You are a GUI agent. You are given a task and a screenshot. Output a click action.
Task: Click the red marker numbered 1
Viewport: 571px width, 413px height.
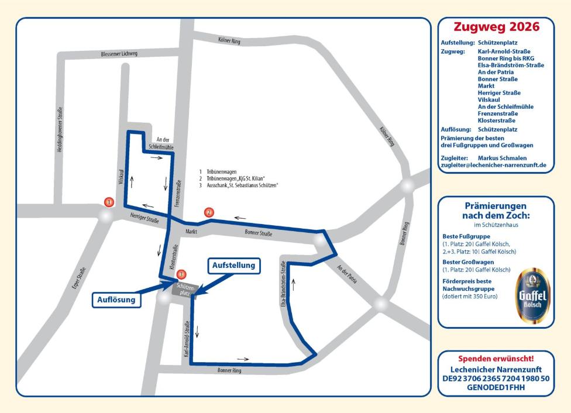(108, 202)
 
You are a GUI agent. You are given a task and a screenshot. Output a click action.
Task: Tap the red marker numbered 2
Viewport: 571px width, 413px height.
(209, 213)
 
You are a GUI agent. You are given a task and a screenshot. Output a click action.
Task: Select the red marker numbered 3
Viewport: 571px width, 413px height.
(181, 274)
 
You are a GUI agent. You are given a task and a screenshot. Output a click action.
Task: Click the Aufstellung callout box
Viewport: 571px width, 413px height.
(233, 266)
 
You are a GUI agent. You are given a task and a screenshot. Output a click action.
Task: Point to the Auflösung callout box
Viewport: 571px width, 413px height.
(116, 300)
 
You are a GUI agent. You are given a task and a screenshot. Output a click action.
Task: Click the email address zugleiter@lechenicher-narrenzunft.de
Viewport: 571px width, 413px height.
(493, 166)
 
